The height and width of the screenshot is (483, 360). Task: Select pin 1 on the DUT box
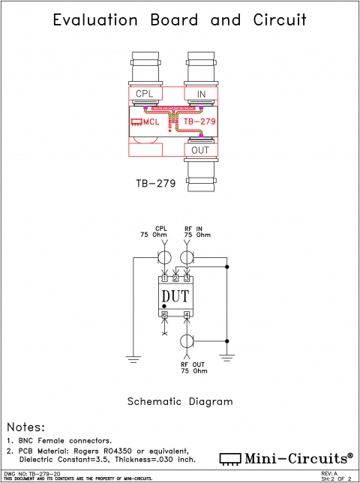point(164,278)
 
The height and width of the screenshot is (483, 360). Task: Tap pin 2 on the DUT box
point(175,278)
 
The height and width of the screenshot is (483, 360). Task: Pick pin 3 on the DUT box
point(187,278)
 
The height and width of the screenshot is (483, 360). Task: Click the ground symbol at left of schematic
point(134,358)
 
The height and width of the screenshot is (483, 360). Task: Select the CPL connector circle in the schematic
point(164,258)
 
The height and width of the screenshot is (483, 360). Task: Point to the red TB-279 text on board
point(199,121)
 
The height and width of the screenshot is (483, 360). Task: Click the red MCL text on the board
point(148,121)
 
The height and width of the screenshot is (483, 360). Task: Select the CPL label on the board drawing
point(145,94)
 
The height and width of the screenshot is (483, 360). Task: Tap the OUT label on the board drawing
point(201,150)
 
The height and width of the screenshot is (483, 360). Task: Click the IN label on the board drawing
point(201,94)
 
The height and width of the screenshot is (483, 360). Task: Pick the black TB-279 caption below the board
point(155,182)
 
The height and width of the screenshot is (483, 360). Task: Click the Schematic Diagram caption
point(180,401)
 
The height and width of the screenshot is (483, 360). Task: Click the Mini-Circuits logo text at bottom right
point(295,457)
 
